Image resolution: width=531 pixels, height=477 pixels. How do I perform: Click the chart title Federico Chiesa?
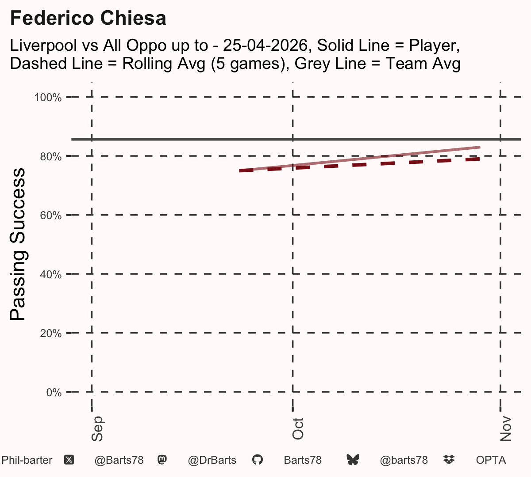tap(88, 18)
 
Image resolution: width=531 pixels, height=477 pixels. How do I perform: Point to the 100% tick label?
tap(48, 98)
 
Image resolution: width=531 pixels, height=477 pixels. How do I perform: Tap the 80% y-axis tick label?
tap(51, 157)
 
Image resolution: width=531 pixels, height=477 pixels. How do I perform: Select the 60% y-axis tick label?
tap(51, 216)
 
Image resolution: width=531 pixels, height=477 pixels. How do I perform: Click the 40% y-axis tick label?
tap(51, 275)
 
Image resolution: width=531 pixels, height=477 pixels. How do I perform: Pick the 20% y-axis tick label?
tap(51, 333)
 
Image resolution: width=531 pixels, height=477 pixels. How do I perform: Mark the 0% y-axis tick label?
tap(54, 393)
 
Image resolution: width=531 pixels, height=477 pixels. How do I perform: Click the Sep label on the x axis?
tap(97, 429)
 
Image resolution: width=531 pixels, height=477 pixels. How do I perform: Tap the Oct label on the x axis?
tap(298, 429)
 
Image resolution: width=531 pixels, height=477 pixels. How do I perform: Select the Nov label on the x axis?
tap(506, 429)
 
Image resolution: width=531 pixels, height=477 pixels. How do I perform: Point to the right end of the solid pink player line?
tap(480, 147)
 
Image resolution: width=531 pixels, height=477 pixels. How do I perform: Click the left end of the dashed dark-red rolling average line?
tap(239, 171)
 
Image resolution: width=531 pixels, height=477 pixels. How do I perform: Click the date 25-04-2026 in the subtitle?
tap(265, 45)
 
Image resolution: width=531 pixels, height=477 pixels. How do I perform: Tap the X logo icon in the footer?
tap(69, 460)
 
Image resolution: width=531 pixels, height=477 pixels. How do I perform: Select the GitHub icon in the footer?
tap(258, 460)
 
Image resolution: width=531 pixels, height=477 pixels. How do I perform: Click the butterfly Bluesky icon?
tap(353, 460)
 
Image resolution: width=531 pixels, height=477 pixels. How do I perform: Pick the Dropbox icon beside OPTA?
tap(449, 460)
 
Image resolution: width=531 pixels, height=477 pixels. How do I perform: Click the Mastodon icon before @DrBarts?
tap(162, 460)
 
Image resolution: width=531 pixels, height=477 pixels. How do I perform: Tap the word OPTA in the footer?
tap(491, 460)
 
